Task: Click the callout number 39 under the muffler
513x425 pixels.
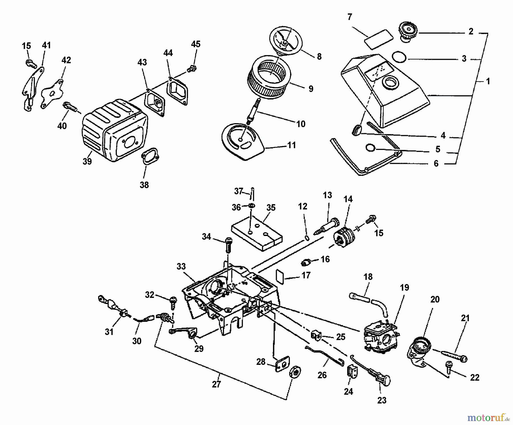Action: coord(87,161)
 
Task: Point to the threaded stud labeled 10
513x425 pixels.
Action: coord(253,111)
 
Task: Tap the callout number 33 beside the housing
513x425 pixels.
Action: coord(181,266)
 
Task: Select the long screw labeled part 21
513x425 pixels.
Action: coord(454,355)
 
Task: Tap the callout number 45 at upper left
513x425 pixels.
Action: coord(196,44)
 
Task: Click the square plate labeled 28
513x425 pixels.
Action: coord(282,364)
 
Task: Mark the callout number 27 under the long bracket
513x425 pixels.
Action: coord(217,384)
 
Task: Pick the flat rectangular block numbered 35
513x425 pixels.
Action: coord(256,234)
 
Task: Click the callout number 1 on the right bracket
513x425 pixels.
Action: coord(488,82)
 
